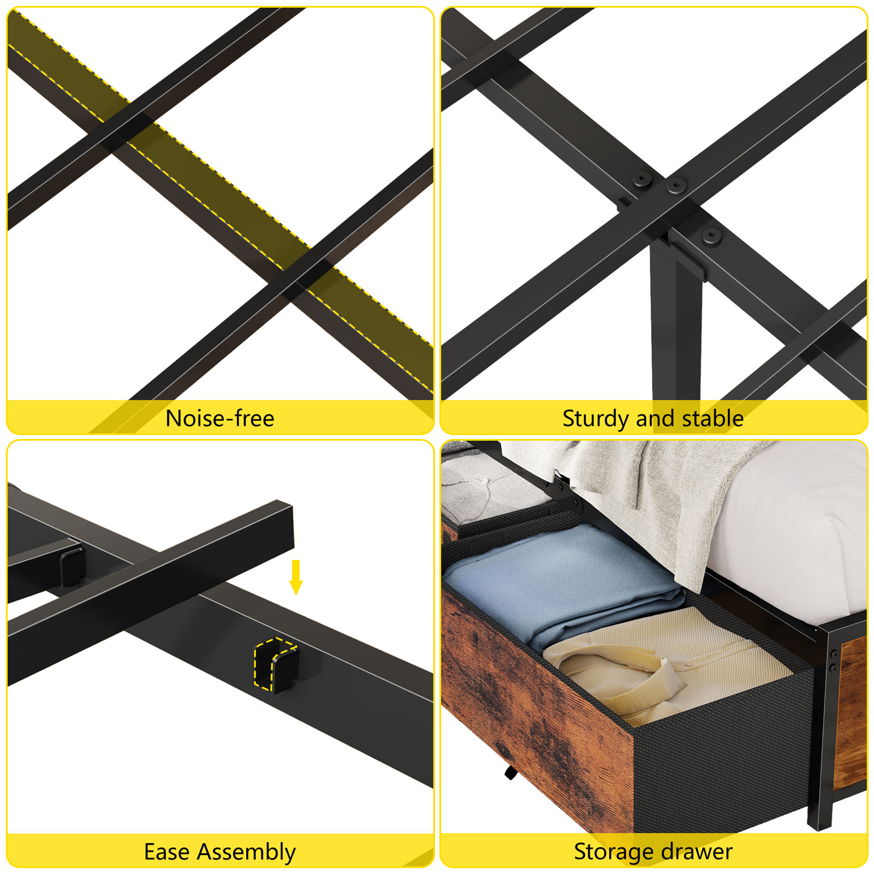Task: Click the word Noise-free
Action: [x=219, y=419]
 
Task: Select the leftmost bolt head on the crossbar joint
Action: [x=642, y=180]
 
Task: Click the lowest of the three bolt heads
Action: [x=711, y=236]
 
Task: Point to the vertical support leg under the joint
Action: [x=675, y=328]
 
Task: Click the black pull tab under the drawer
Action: [x=510, y=772]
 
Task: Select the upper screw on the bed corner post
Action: [x=833, y=654]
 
